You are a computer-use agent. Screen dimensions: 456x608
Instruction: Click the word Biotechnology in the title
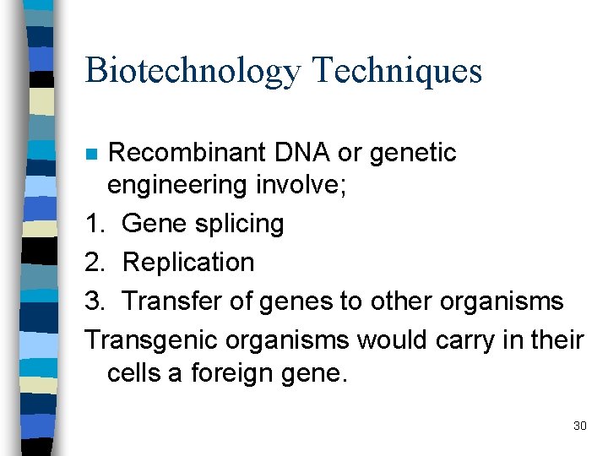tap(193, 72)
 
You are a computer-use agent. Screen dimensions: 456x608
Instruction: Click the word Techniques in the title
tap(397, 70)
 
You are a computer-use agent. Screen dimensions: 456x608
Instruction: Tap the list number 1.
tap(95, 224)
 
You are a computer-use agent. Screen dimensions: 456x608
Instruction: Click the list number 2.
tap(95, 263)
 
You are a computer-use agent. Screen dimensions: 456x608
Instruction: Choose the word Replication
tap(188, 263)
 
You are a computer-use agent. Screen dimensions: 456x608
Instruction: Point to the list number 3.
tap(95, 301)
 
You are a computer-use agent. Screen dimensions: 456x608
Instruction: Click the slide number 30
tap(579, 426)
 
